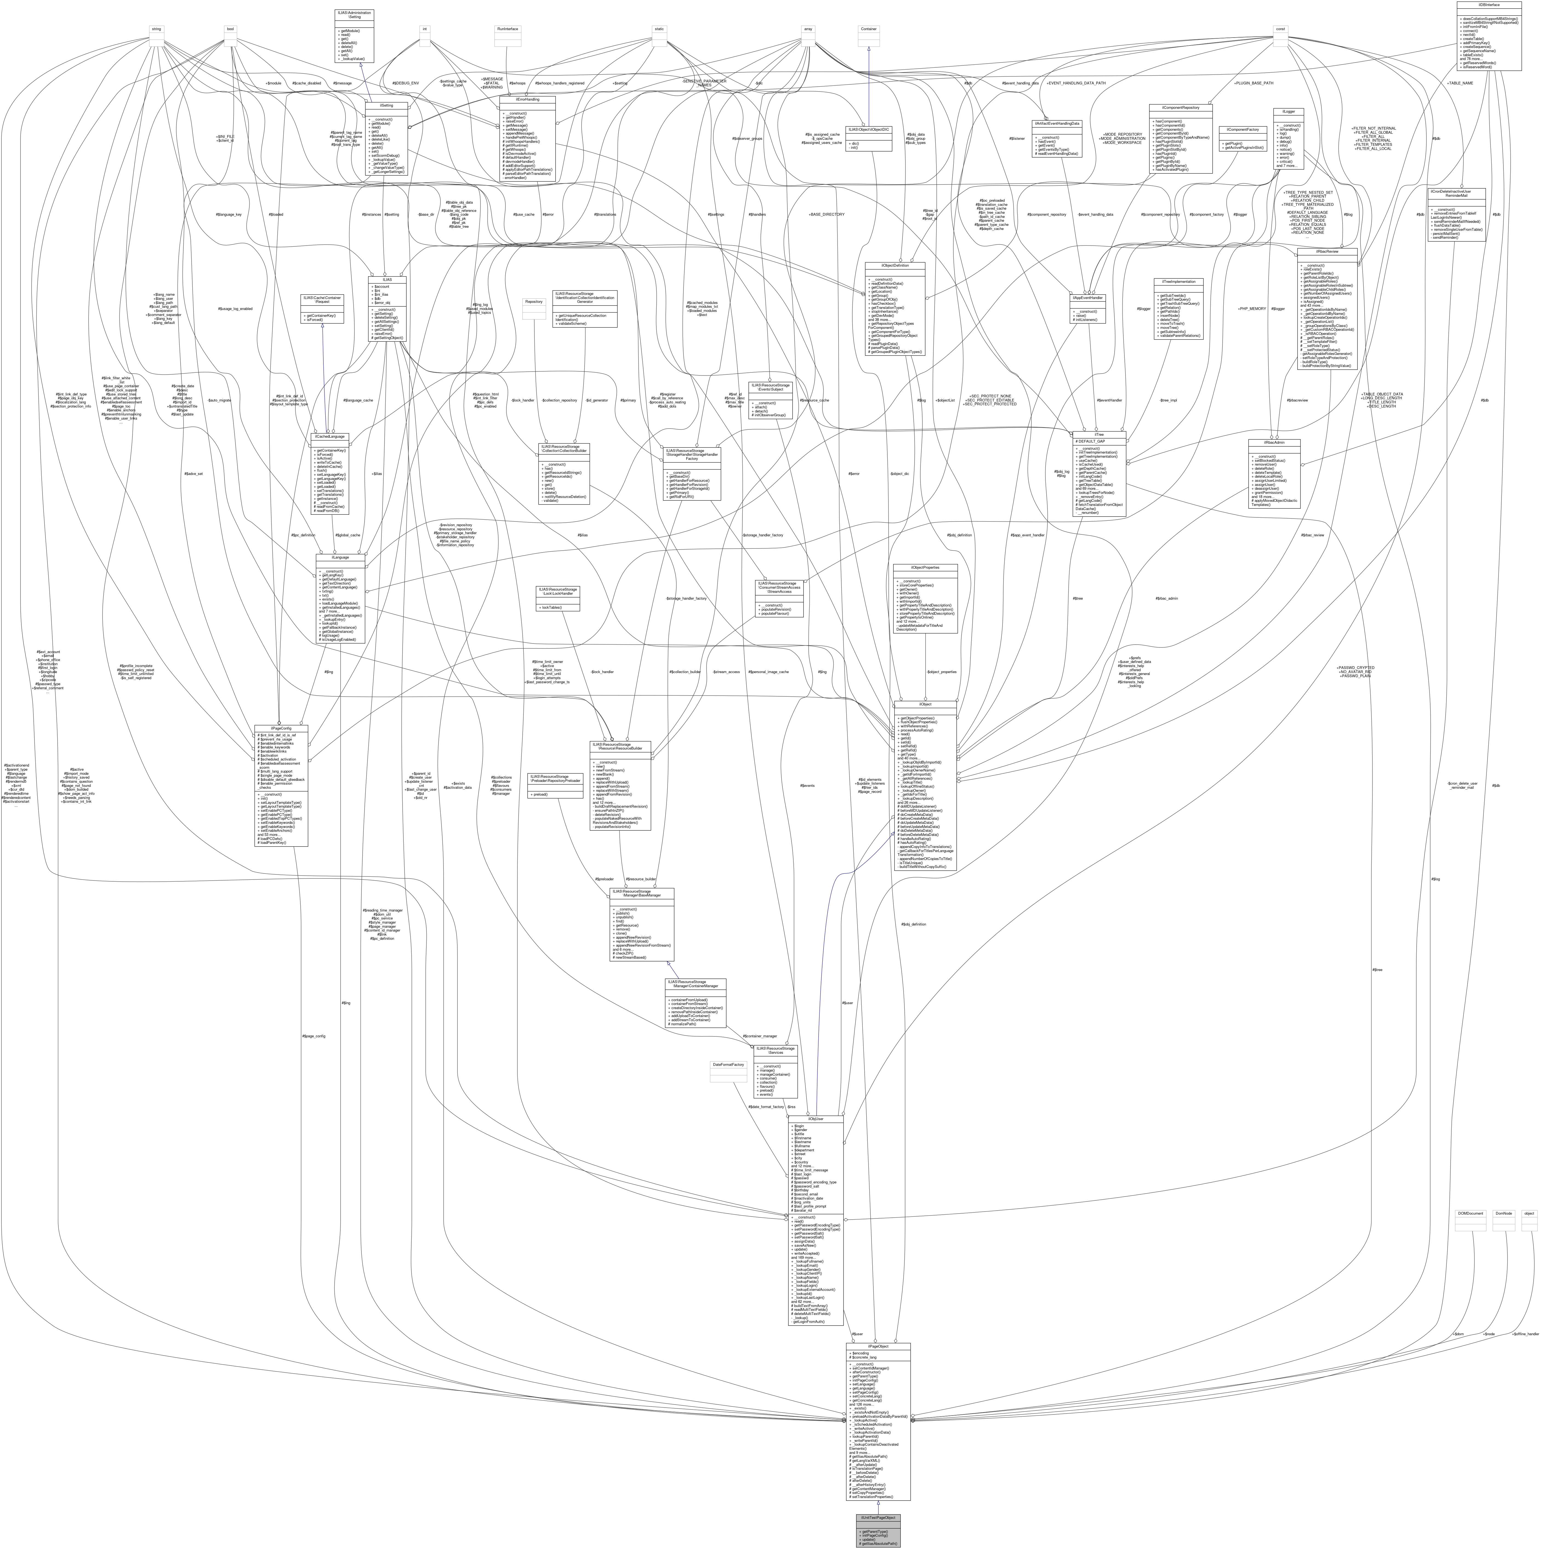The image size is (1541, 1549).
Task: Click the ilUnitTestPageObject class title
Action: click(x=878, y=1518)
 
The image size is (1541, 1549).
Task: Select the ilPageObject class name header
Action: click(x=878, y=1346)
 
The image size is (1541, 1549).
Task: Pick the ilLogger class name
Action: click(x=1288, y=112)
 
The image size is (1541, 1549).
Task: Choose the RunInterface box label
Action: click(x=508, y=29)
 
